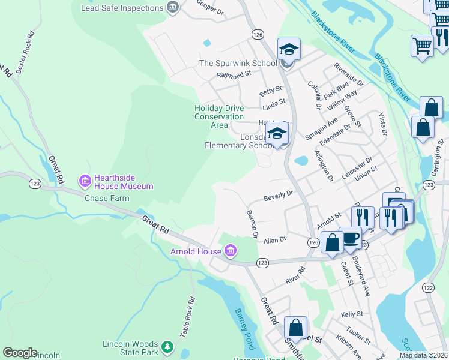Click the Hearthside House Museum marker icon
pos(85,180)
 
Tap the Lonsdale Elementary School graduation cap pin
pos(277,134)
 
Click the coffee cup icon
pos(350,238)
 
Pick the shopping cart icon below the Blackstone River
pos(422,46)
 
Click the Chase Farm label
pos(107,198)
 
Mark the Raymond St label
pos(234,75)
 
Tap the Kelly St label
pos(352,314)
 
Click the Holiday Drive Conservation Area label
pos(219,116)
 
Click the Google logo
pos(20,353)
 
